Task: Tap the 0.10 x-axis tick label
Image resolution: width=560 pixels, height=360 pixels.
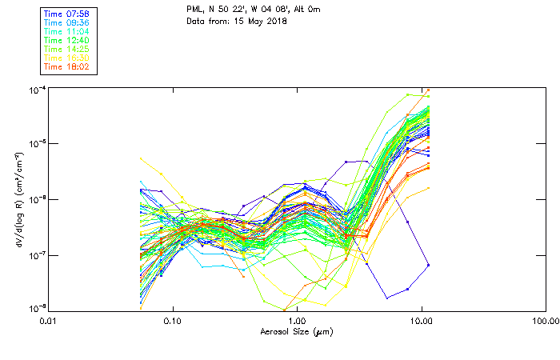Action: [x=172, y=320]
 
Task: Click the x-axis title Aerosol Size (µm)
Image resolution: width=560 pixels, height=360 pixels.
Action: [x=296, y=331]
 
